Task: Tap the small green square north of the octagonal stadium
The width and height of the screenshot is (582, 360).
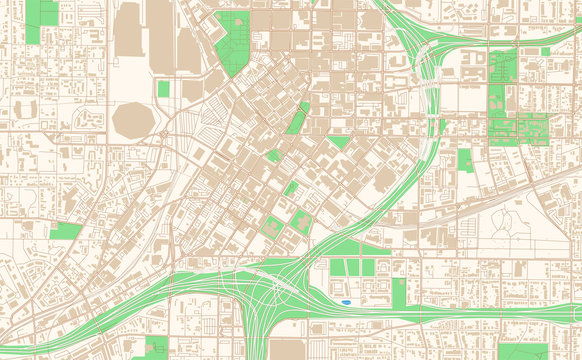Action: tap(163, 89)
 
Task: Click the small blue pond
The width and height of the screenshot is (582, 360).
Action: tap(346, 300)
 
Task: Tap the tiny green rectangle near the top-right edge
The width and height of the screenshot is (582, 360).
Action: tap(545, 52)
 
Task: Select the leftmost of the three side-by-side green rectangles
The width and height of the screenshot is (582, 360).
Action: tap(335, 268)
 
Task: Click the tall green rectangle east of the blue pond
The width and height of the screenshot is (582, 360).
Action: tap(400, 293)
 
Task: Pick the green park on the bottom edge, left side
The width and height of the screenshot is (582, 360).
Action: tap(155, 347)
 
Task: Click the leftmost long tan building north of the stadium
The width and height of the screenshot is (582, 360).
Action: tap(128, 30)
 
